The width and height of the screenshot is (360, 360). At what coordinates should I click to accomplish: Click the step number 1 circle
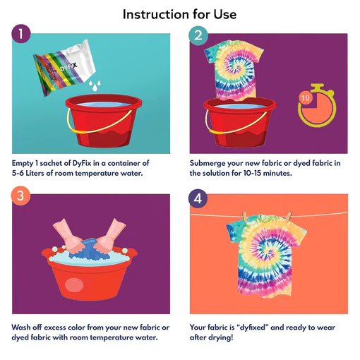click(21, 34)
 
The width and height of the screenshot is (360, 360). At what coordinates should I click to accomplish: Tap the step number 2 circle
click(198, 35)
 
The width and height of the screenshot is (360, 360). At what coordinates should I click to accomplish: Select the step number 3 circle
click(20, 196)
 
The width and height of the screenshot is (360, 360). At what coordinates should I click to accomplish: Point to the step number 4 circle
click(198, 198)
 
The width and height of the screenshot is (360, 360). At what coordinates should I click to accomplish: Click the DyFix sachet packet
click(64, 68)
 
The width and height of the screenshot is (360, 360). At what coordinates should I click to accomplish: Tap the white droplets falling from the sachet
click(95, 85)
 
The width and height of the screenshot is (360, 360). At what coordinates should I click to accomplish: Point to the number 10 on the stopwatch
click(306, 97)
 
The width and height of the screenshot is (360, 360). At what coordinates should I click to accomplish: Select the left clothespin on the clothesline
click(245, 217)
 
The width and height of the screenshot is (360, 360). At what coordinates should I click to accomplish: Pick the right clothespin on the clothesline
click(289, 217)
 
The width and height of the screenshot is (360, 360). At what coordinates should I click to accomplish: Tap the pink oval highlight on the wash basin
click(74, 285)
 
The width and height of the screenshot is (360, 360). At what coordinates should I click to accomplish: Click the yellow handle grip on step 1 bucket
click(78, 131)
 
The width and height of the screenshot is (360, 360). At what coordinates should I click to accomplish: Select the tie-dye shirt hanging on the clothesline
click(267, 256)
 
